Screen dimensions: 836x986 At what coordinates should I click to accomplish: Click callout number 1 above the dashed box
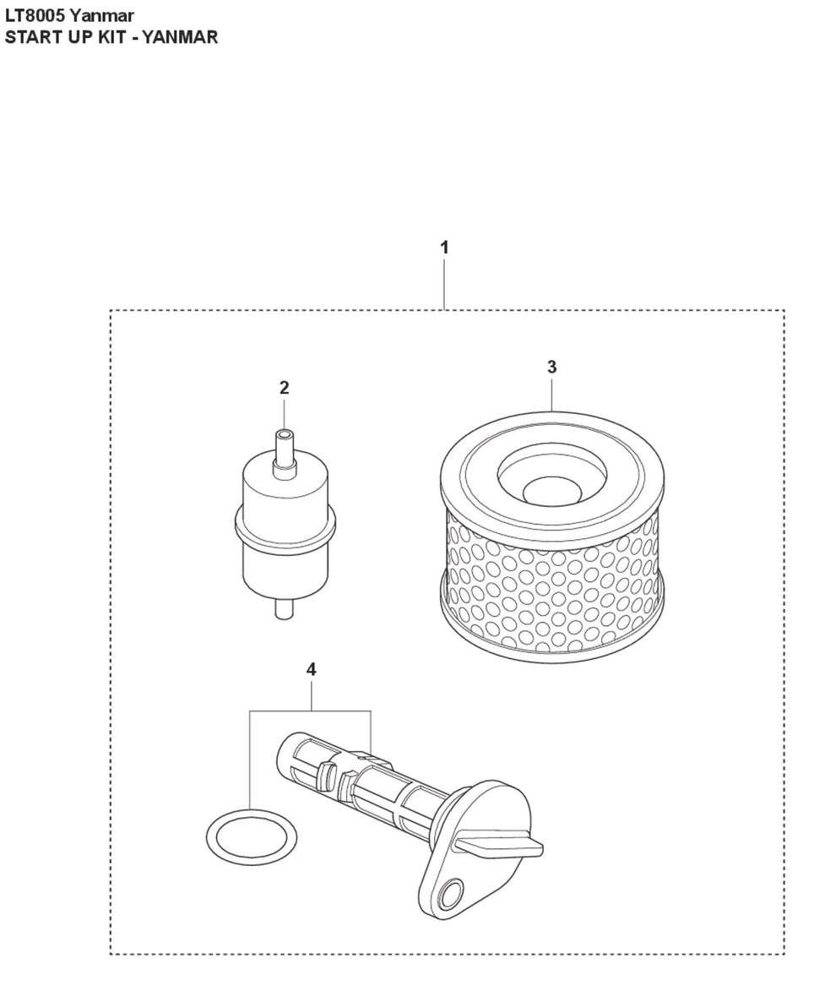pos(444,248)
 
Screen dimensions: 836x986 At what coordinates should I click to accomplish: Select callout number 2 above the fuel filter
pos(284,387)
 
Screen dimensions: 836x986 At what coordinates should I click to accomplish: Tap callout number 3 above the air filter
pos(552,367)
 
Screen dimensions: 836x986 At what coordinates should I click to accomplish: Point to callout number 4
pos(311,670)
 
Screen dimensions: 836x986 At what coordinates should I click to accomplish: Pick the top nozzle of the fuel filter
pos(284,449)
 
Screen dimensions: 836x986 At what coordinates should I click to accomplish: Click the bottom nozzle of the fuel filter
pos(284,608)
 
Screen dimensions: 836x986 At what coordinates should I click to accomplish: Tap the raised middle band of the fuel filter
pos(285,526)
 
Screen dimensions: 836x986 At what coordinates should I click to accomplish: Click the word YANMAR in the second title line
pos(180,37)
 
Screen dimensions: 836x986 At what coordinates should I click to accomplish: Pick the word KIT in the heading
pos(111,37)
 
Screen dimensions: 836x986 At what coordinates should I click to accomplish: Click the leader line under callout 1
pos(444,284)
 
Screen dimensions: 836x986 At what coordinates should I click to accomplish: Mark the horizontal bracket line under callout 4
pos(311,711)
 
